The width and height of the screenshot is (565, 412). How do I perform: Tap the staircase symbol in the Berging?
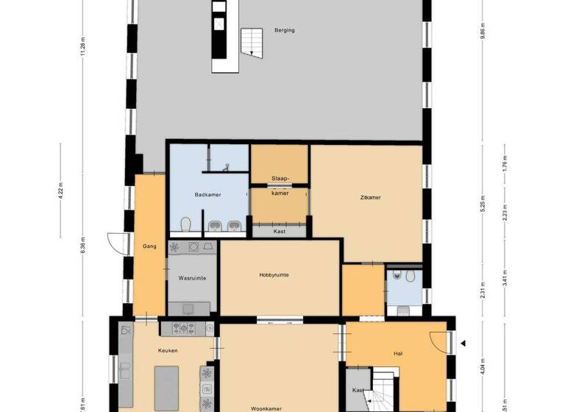point(252,42)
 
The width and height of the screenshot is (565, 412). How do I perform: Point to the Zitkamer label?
point(370,197)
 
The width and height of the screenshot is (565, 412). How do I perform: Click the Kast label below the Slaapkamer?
point(279,231)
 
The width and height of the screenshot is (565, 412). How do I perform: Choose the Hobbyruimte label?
point(274,274)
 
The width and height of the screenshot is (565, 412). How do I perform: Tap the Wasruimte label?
point(192,279)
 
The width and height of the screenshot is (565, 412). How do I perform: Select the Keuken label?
point(168,350)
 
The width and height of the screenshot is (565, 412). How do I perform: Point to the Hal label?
point(398,354)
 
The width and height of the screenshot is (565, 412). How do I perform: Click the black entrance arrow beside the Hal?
point(463,343)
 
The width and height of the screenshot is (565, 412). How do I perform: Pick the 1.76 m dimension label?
point(504,163)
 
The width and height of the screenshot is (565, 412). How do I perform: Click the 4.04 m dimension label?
point(483,366)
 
